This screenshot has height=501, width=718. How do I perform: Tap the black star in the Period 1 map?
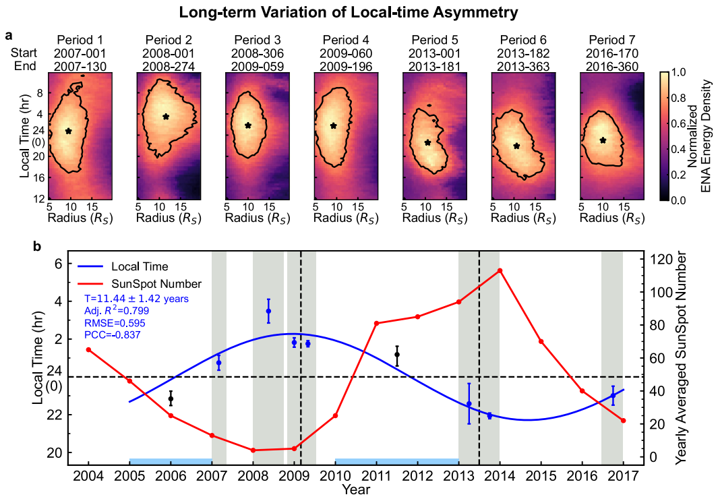[x=68, y=131]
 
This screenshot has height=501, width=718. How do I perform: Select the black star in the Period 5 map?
[x=427, y=142]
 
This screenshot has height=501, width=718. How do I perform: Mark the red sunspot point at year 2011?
[x=376, y=324]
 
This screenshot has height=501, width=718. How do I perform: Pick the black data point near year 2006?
[x=171, y=399]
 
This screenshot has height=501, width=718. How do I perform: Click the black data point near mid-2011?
[x=397, y=355]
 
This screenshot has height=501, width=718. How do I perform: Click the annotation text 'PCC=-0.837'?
[x=113, y=334]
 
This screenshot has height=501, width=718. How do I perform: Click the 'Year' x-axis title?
[x=355, y=489]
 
